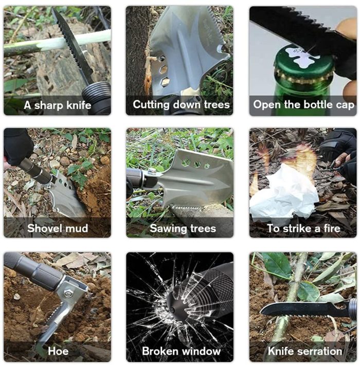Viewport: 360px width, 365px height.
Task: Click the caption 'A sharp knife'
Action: click(x=57, y=105)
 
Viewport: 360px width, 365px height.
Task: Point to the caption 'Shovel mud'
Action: click(x=58, y=228)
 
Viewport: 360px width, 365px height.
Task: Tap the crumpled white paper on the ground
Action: click(x=284, y=193)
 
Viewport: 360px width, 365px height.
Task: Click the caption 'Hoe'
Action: click(x=58, y=351)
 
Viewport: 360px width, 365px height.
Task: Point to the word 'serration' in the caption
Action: click(x=320, y=351)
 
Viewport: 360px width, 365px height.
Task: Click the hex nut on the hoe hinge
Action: click(x=68, y=294)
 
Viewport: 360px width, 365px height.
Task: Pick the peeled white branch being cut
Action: click(x=57, y=44)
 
